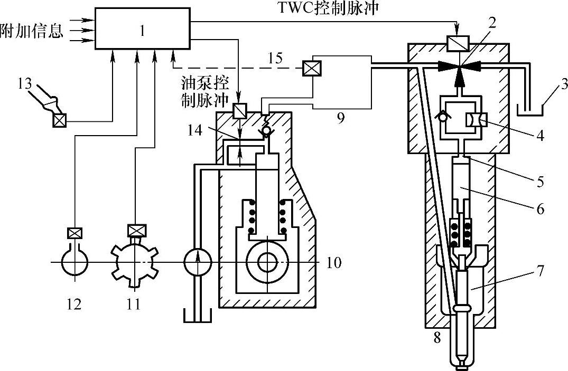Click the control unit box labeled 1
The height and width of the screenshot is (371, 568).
(x=143, y=29)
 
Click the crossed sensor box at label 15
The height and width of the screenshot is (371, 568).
(x=308, y=69)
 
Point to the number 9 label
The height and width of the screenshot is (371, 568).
(x=341, y=118)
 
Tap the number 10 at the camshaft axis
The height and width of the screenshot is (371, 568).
(x=334, y=262)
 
